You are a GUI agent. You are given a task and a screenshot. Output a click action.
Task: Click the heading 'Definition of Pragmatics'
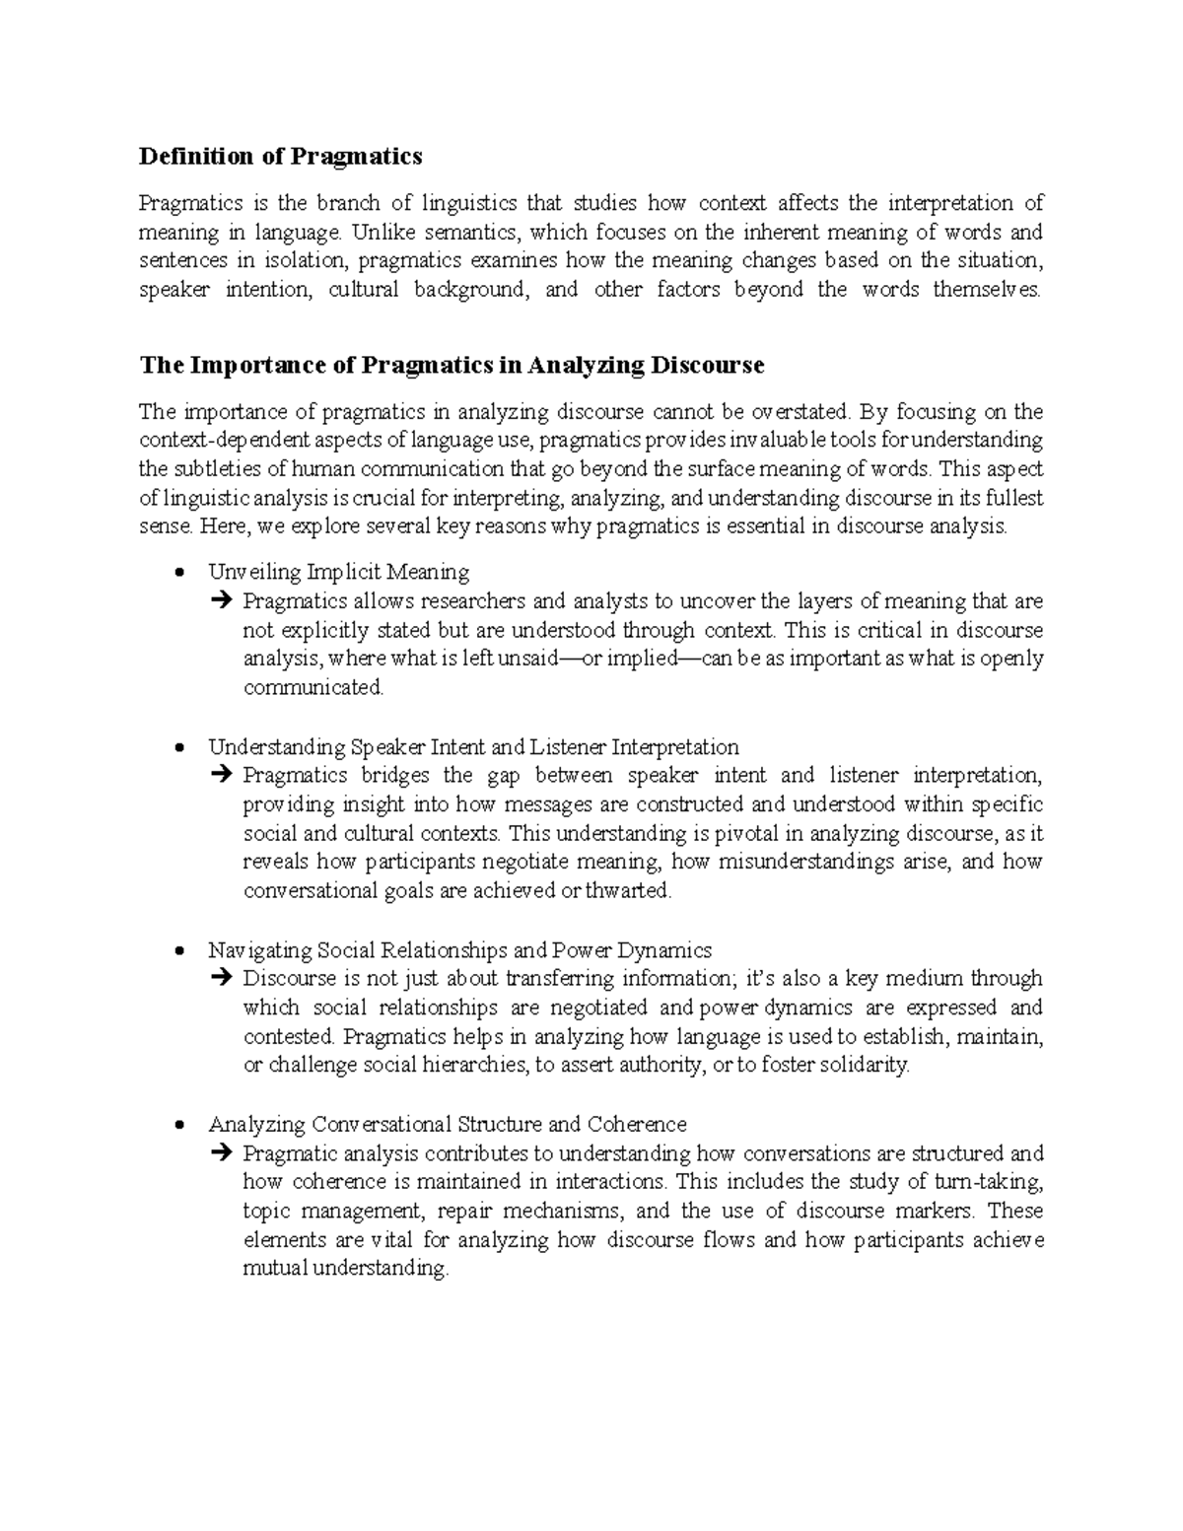[x=280, y=156]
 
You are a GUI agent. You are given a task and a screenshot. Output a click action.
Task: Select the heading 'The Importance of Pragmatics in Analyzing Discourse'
[x=452, y=365]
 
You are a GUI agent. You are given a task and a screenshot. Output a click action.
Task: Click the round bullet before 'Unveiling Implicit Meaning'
[x=178, y=573]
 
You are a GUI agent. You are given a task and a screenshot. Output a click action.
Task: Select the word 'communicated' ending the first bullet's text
[x=313, y=687]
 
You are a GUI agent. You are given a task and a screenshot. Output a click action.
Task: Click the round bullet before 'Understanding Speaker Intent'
[x=178, y=747]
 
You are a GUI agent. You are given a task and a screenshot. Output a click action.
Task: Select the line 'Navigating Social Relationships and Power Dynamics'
[x=459, y=950]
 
